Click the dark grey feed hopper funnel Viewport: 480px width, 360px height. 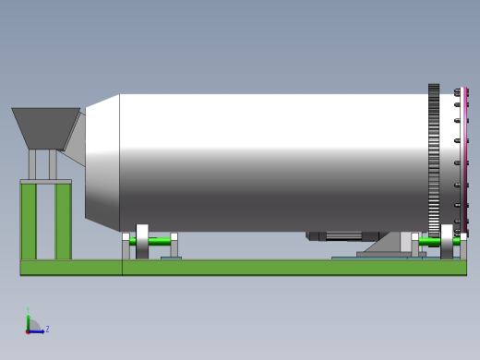44,126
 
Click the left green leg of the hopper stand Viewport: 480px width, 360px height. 29,222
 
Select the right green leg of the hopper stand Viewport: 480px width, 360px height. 63,222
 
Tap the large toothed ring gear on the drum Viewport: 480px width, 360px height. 434,162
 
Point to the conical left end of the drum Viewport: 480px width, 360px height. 102,162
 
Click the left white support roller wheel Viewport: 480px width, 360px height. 142,241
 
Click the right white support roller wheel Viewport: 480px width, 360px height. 447,241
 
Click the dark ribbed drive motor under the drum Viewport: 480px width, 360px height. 342,236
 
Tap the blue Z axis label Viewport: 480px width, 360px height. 47,329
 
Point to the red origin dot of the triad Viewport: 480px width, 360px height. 28,331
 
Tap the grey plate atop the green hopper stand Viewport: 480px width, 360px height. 45,181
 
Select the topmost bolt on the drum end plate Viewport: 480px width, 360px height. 457,92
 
